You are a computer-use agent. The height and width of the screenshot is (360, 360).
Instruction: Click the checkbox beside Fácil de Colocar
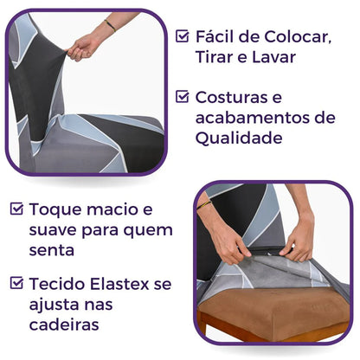tap(182, 37)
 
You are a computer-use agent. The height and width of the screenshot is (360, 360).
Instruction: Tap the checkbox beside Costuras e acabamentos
tap(182, 97)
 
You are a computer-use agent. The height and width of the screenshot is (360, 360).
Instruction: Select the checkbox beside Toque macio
tap(16, 209)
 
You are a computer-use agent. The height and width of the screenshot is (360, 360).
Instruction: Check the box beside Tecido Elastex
tap(16, 282)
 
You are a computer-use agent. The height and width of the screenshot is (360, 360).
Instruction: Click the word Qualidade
tap(235, 138)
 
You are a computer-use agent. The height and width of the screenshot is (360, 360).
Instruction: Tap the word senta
tap(53, 251)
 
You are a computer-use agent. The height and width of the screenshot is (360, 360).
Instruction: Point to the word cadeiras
tap(66, 325)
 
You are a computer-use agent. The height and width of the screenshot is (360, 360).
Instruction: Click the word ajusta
tap(55, 304)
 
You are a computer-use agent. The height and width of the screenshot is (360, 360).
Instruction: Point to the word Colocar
tap(295, 37)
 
